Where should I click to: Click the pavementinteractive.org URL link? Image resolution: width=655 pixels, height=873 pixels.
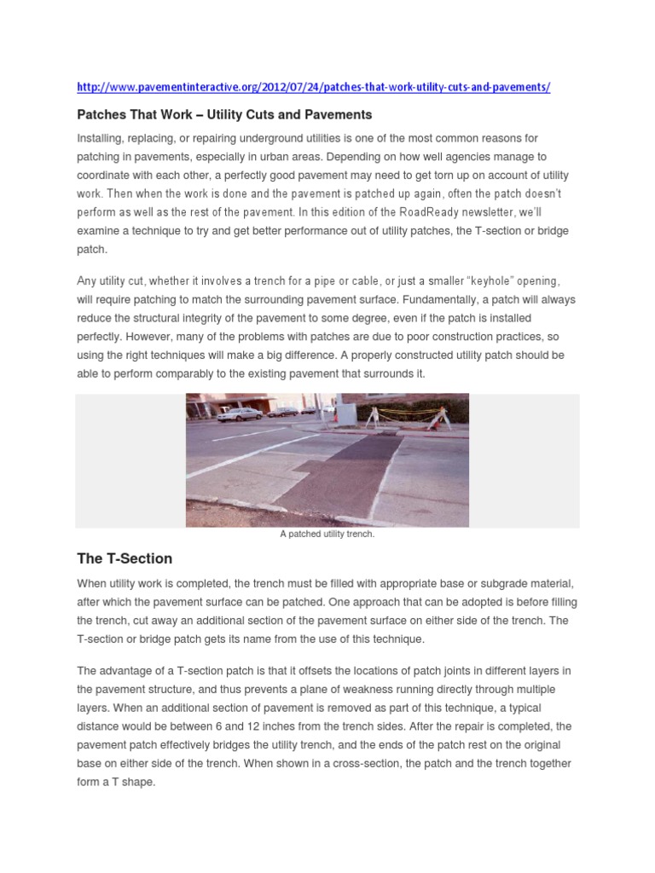[314, 88]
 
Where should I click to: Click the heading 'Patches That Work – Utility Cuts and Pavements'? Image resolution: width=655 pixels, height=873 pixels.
[224, 114]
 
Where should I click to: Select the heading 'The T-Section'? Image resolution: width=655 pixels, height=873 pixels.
[125, 558]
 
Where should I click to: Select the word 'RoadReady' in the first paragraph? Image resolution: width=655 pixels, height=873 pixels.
[404, 213]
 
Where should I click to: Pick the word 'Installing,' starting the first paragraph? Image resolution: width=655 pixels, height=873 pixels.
[101, 138]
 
